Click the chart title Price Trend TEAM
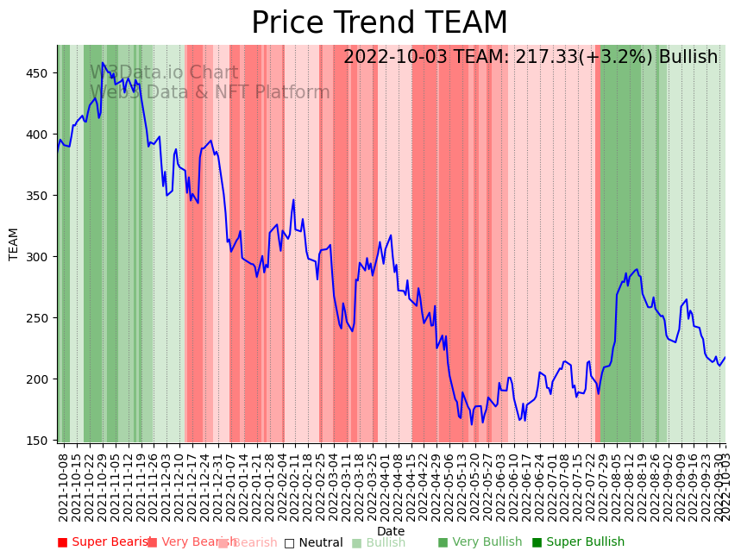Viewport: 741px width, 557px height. (380, 23)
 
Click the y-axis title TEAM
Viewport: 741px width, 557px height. (14, 244)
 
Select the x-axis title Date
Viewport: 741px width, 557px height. (391, 531)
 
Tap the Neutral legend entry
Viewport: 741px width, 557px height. (314, 542)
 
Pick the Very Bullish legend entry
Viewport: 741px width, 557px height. (480, 542)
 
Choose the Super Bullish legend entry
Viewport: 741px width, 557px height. (578, 542)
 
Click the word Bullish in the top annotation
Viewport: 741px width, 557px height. (688, 58)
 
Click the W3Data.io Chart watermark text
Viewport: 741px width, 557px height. (164, 73)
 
